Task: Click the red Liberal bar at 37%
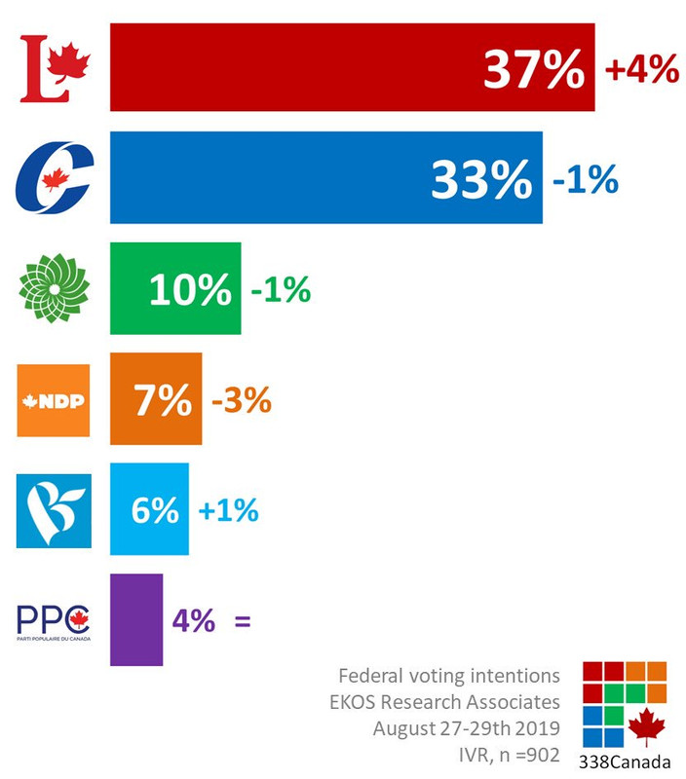click(292, 67)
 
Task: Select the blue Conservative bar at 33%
click(273, 177)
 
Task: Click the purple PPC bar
click(135, 620)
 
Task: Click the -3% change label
click(241, 400)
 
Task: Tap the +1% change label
click(228, 510)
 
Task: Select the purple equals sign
click(242, 620)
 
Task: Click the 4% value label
click(193, 620)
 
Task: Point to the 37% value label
click(535, 69)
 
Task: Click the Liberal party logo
click(55, 67)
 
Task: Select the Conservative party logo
click(55, 177)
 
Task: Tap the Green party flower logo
click(55, 288)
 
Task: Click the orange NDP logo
click(55, 399)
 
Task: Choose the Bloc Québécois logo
click(55, 509)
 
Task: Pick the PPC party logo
click(55, 620)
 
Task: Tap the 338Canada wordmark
click(624, 761)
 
